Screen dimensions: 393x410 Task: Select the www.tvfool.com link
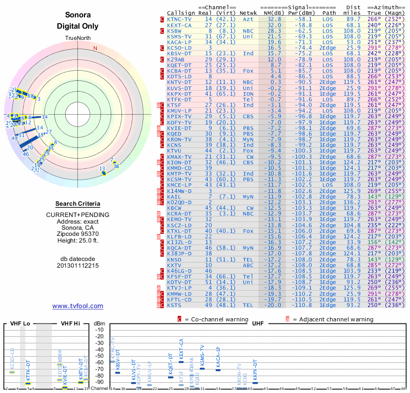pyautogui.click(x=77, y=306)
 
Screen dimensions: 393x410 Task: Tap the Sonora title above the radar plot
pyautogui.click(x=77, y=15)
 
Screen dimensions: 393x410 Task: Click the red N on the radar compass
pyautogui.click(x=95, y=49)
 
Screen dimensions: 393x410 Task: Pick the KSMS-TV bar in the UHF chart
pyautogui.click(x=202, y=368)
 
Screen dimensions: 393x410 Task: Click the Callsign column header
pyautogui.click(x=180, y=12)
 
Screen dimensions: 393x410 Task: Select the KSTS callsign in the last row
pyautogui.click(x=175, y=305)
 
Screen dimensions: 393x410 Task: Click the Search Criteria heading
pyautogui.click(x=77, y=204)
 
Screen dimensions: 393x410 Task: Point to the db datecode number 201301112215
pyautogui.click(x=77, y=266)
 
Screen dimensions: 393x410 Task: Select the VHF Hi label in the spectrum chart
pyautogui.click(x=70, y=323)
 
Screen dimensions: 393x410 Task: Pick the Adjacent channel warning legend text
pyautogui.click(x=333, y=319)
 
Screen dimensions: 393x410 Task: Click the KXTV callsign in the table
pyautogui.click(x=175, y=266)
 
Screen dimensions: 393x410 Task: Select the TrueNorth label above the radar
pyautogui.click(x=77, y=38)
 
